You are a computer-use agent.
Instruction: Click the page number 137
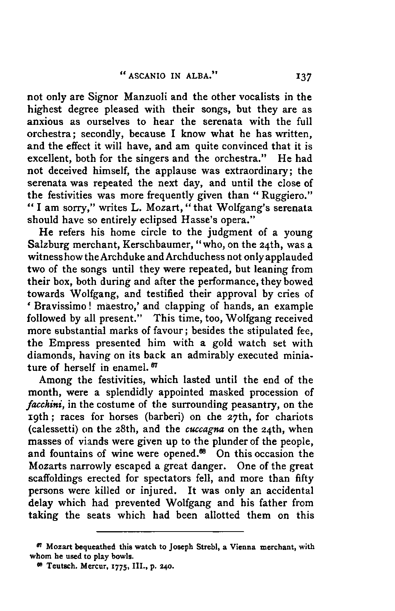tap(304, 77)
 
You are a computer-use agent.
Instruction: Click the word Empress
tap(73, 343)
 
